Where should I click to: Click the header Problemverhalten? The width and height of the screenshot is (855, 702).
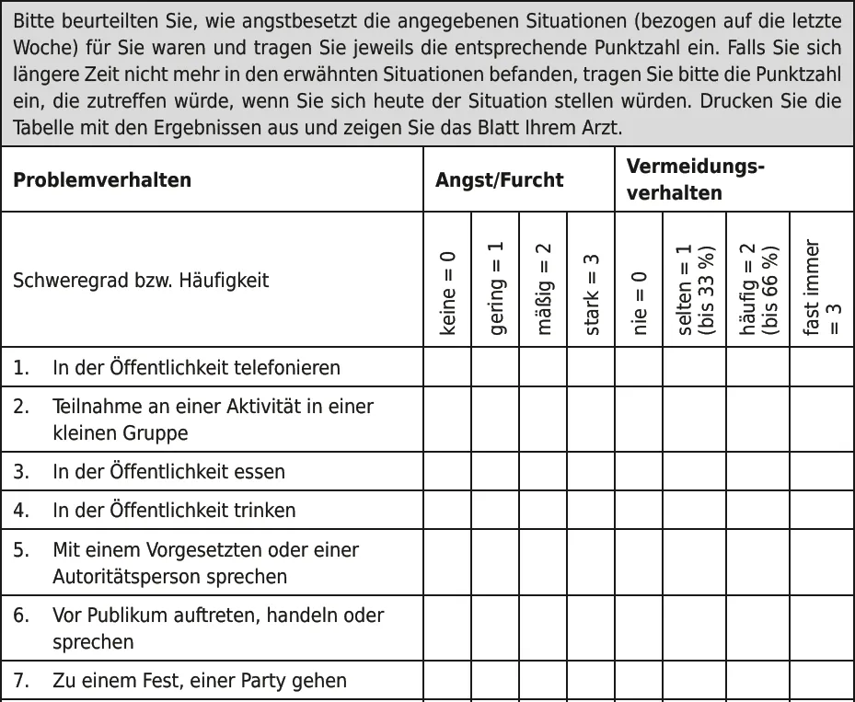point(102,179)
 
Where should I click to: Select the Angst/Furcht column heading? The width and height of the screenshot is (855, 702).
point(499,179)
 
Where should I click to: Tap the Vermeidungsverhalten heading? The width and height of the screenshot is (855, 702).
point(696,179)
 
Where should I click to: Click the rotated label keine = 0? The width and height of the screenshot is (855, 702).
point(448,292)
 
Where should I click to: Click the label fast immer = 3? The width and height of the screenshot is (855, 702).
point(822,288)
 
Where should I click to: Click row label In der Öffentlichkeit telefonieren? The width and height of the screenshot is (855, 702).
point(196,368)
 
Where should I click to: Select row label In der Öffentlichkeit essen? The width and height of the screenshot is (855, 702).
point(168,472)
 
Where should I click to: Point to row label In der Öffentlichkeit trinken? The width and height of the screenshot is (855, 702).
point(174,511)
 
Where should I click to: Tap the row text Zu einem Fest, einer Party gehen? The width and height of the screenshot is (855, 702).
point(200,682)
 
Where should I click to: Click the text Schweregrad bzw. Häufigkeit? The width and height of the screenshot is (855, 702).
point(141,280)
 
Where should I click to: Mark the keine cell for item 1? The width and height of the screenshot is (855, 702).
point(447,368)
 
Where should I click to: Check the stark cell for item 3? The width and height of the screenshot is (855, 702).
point(591,472)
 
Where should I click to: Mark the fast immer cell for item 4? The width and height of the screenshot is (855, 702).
point(822,511)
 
